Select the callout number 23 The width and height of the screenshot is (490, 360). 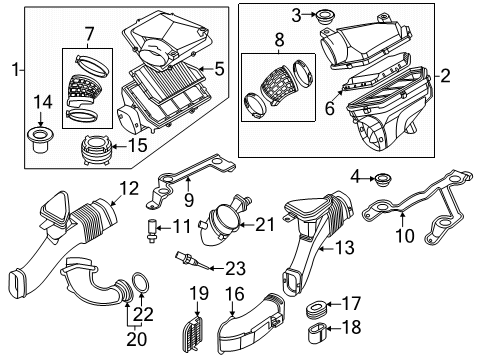(233, 266)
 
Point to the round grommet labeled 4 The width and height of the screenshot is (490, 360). (383, 181)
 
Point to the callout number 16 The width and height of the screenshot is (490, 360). (235, 293)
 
